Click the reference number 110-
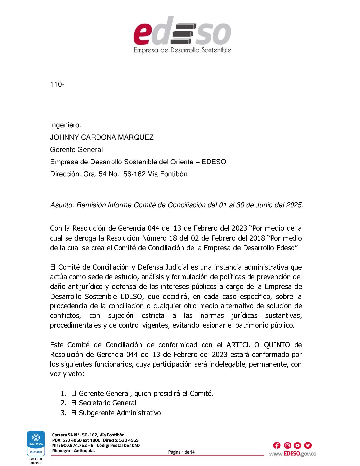57,84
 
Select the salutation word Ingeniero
65,125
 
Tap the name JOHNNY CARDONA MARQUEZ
102,137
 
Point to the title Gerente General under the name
76,150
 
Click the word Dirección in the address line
65,174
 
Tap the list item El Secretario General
104,403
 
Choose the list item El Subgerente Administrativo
116,413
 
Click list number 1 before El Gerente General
63,394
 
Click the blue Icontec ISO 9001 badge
36,443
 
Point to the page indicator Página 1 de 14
181,452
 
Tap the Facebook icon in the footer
277,445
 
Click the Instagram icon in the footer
287,445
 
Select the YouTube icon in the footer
297,445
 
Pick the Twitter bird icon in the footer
308,445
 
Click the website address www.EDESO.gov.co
292,454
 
